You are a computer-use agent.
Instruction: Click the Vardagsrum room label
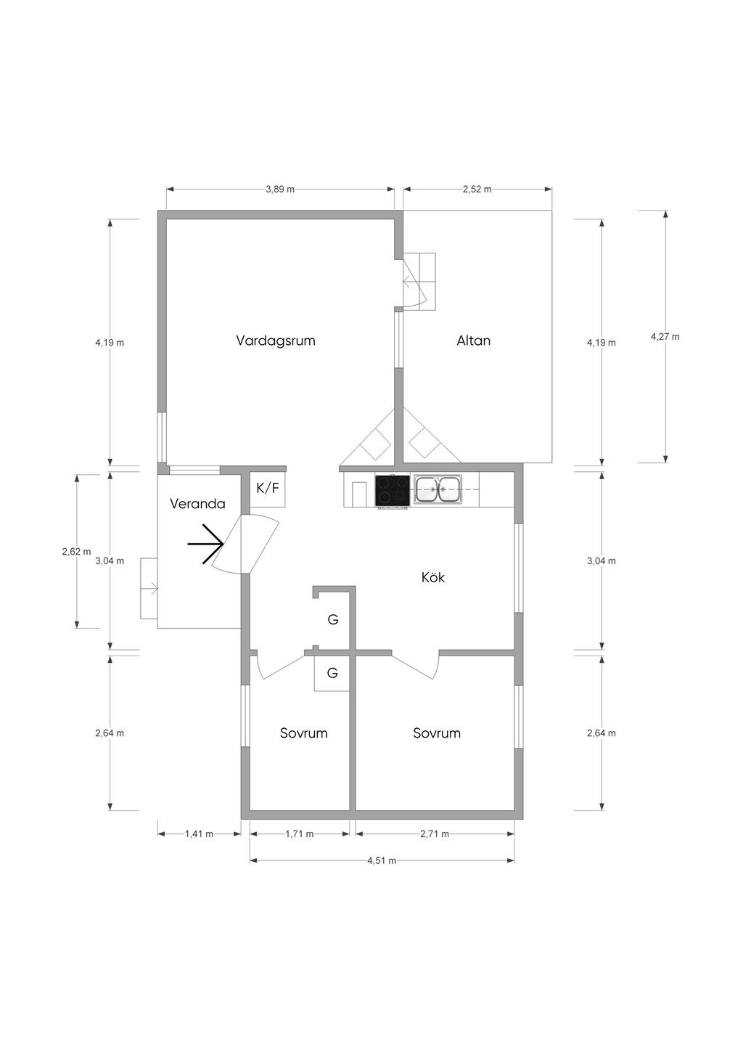(x=276, y=341)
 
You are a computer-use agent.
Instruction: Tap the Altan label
(x=473, y=341)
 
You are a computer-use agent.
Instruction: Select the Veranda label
(x=197, y=504)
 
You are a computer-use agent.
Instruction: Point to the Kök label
(x=432, y=577)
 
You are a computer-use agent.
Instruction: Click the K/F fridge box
(x=268, y=489)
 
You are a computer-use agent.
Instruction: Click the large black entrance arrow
(x=205, y=544)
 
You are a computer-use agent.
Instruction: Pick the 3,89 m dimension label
(x=280, y=189)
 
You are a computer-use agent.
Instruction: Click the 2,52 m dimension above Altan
(x=477, y=189)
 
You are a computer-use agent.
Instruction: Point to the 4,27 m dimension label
(x=665, y=337)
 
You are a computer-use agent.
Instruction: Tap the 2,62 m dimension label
(x=76, y=552)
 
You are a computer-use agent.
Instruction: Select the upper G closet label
(x=333, y=620)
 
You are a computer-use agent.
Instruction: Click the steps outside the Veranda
(x=149, y=589)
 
